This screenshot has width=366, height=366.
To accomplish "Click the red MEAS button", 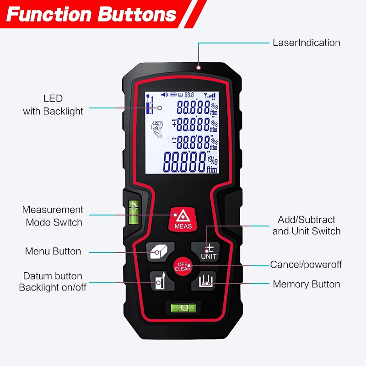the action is click(x=183, y=219).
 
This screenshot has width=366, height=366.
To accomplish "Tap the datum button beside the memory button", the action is click(x=157, y=282).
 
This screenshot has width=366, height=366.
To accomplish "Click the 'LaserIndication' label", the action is click(x=306, y=43).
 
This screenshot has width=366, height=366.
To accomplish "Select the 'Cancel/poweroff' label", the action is click(x=306, y=264).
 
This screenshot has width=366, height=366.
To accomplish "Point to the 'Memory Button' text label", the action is click(x=306, y=284).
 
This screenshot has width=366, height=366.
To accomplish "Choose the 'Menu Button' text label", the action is click(x=53, y=251).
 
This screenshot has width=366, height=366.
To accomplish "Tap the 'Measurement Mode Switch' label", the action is click(x=53, y=216).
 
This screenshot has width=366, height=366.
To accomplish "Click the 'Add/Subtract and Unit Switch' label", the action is click(x=306, y=226).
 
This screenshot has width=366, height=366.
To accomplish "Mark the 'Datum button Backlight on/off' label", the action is click(x=53, y=282).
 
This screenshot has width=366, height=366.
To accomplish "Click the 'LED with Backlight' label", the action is click(x=53, y=104).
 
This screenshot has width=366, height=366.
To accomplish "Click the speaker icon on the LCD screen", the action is click(x=164, y=95).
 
